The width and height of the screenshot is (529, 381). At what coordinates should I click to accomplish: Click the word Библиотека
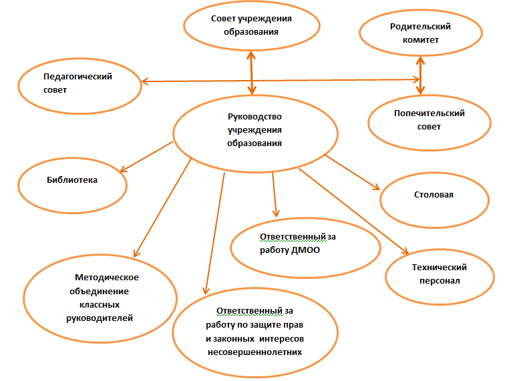[x=72, y=179]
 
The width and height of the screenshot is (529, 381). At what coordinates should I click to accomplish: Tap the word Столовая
[x=433, y=195]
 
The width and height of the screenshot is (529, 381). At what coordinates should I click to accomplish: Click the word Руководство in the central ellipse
[x=254, y=117]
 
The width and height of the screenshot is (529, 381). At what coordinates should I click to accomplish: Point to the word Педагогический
[x=77, y=77]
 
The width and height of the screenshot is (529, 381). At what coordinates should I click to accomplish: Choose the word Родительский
[x=420, y=27]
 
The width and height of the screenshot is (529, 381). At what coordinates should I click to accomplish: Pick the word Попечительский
[x=429, y=113]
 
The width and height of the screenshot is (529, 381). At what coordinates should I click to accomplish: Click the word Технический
[x=439, y=268]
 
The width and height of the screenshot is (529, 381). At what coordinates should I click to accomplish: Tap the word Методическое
[x=107, y=278]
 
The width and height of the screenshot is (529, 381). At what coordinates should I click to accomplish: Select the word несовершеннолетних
[x=254, y=352]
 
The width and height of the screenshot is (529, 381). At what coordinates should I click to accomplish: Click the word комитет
[x=421, y=40]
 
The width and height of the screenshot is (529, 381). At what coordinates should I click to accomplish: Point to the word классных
[x=100, y=305]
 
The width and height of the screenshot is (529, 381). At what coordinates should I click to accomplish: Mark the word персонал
[x=439, y=281]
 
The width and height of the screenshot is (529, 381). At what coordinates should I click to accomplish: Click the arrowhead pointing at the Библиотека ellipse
[x=123, y=169]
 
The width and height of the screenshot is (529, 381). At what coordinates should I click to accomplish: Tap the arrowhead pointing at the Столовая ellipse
[x=376, y=187]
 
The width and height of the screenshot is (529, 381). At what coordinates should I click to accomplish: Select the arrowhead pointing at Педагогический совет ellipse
[x=145, y=81]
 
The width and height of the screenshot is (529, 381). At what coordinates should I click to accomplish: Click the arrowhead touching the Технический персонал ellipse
[x=405, y=250]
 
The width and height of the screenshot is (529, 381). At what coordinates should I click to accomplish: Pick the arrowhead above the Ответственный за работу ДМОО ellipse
[x=276, y=214]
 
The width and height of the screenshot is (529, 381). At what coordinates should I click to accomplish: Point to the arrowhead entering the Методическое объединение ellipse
[x=136, y=253]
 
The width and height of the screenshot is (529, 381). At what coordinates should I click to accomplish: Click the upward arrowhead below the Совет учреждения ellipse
[x=250, y=55]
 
